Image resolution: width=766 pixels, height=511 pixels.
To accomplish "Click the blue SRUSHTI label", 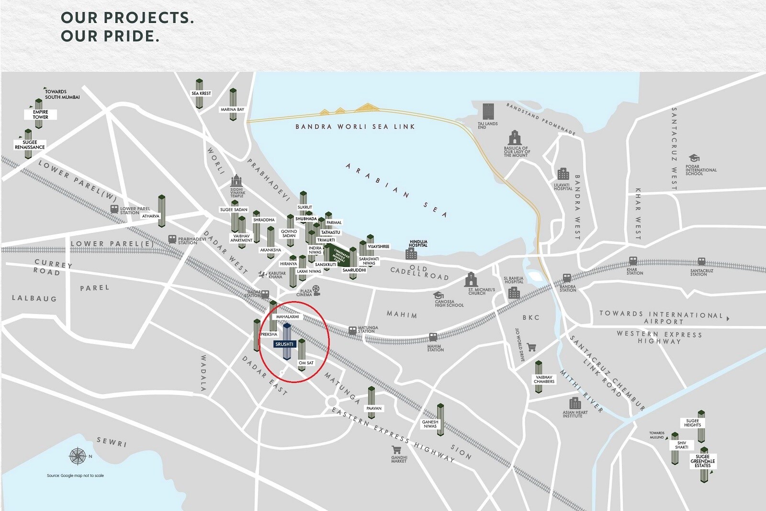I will tap(284, 344).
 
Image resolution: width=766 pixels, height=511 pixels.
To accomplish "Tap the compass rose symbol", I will tap(77, 456).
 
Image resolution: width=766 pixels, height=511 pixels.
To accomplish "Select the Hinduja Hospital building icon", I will tap(411, 254).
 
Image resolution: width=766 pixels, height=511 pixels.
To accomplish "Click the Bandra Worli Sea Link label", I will tap(355, 127).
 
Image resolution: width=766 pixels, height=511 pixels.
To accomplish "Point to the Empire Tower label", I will tap(41, 115).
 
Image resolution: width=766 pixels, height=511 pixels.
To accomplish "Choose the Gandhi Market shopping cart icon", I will tap(396, 450).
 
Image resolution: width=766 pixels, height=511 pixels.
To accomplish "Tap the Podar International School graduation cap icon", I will tap(694, 158).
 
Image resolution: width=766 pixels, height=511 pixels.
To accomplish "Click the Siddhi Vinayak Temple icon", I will tap(237, 181).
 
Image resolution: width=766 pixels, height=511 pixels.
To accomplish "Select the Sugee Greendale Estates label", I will tap(703, 461).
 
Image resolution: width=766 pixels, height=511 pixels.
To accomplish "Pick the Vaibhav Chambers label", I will tap(544, 379).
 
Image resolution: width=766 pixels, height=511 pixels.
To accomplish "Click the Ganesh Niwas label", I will tap(430, 424).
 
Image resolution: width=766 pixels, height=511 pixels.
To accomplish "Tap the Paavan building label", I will tap(374, 408).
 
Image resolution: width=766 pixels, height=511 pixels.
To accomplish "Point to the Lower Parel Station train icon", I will tap(114, 209).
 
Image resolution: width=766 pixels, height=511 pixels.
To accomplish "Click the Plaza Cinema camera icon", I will tap(316, 290).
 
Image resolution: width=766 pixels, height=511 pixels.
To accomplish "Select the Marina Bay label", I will tap(233, 110).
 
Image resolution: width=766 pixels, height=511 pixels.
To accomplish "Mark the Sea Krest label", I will tap(201, 93).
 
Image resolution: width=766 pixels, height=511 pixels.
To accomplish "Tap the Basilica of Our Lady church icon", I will tap(515, 138).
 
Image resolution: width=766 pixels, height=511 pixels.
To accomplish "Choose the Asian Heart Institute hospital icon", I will tap(575, 403).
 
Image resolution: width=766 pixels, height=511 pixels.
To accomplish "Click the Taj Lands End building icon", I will tap(488, 112).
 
